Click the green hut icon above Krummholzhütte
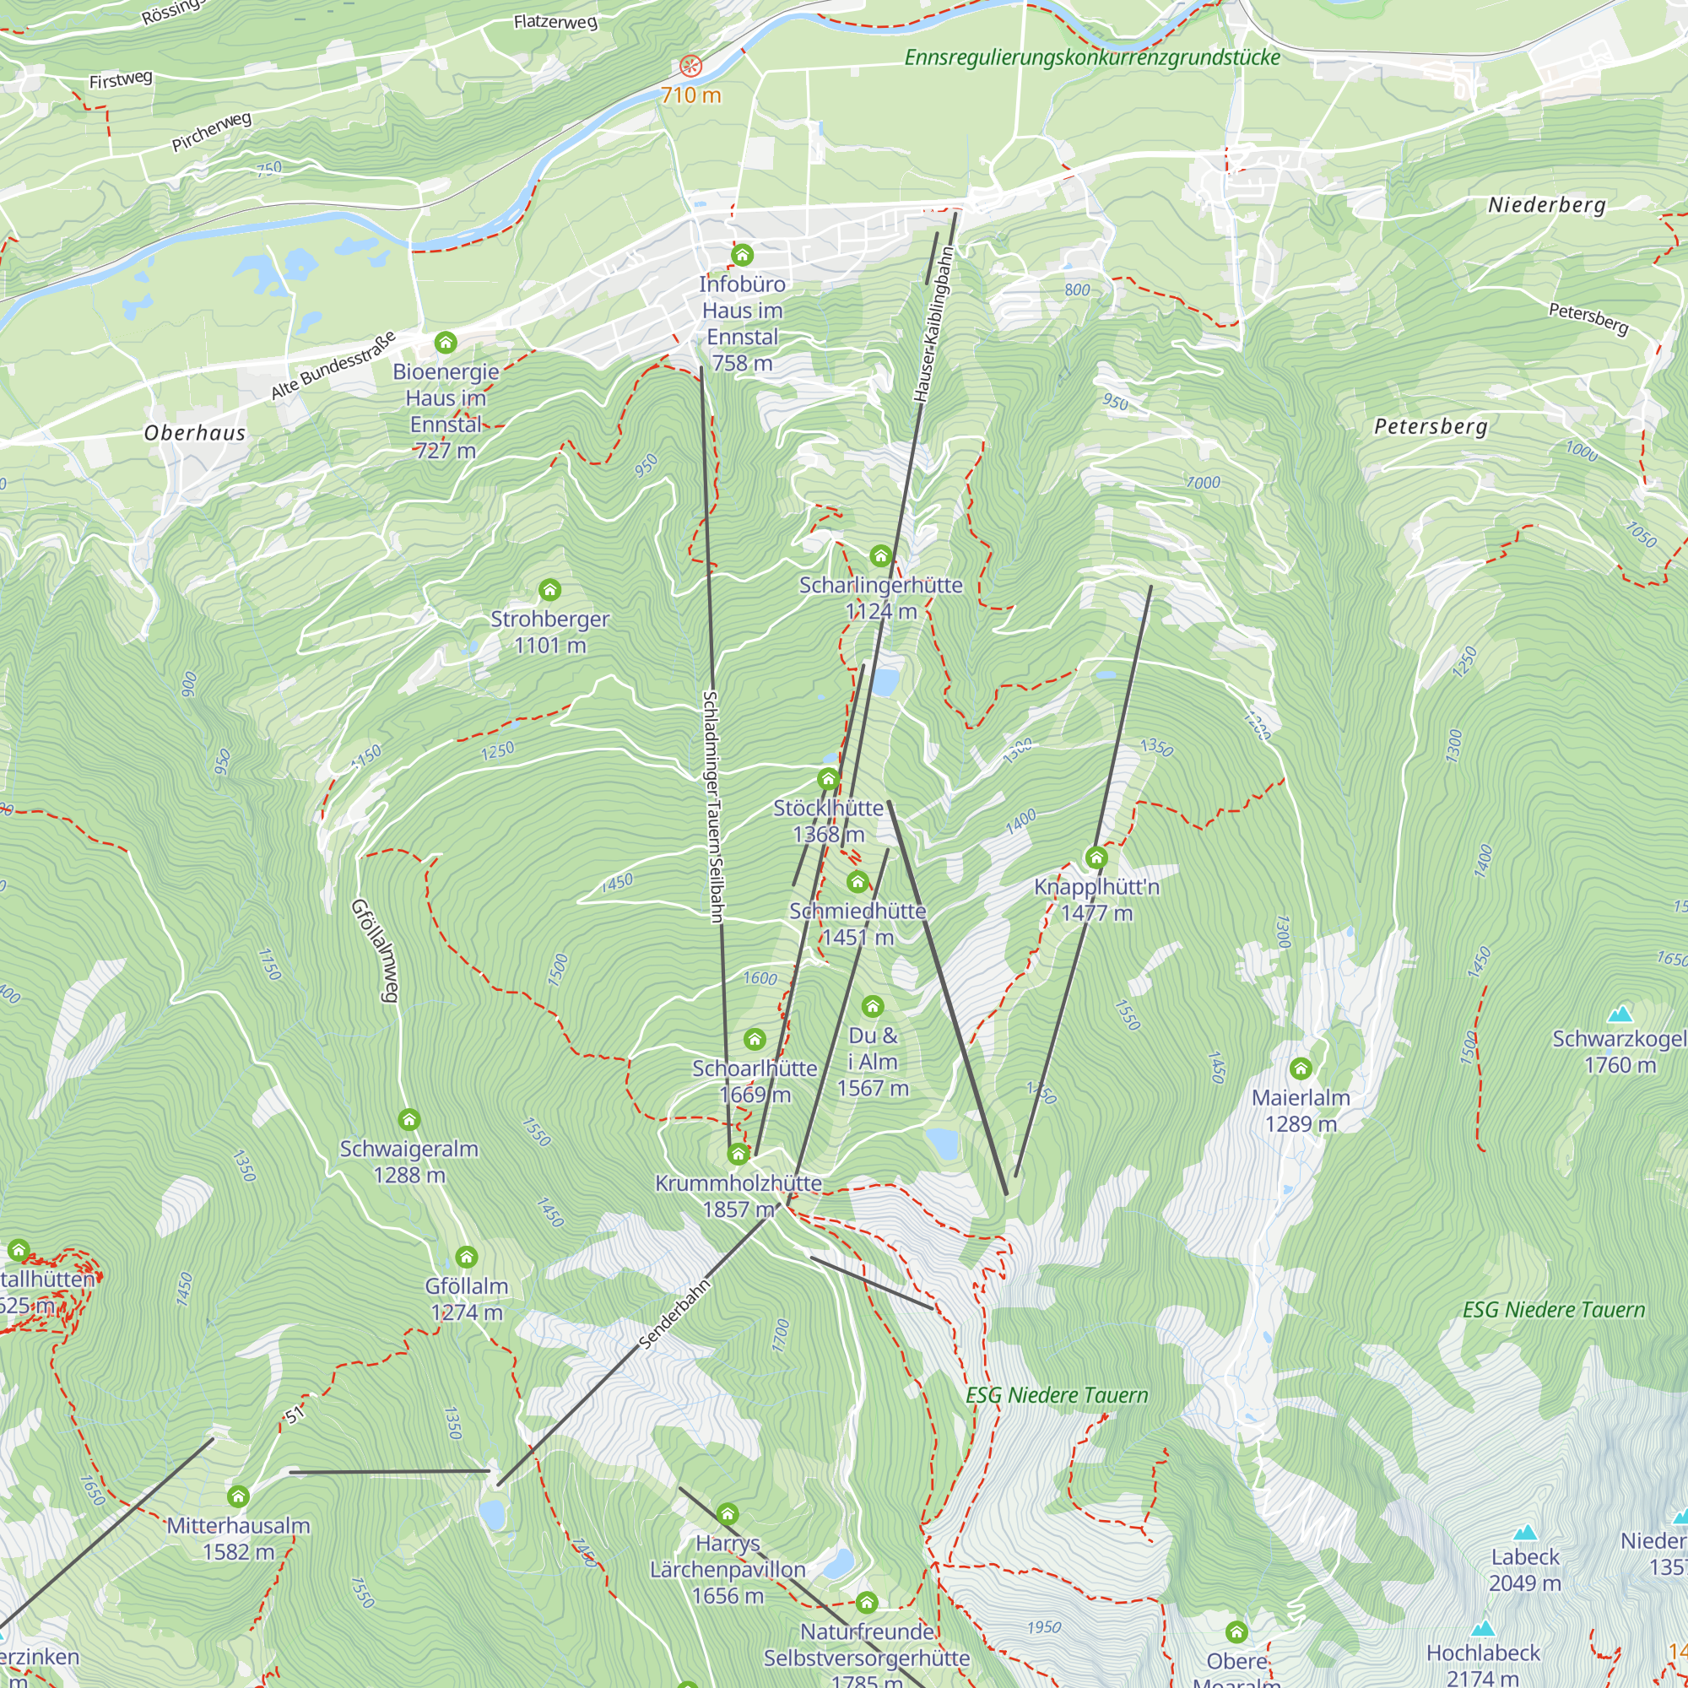pyautogui.click(x=738, y=1154)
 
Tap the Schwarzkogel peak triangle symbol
pyautogui.click(x=1620, y=1014)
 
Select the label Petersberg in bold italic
pyautogui.click(x=1431, y=426)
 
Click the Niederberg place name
pyautogui.click(x=1546, y=205)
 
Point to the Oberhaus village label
pyautogui.click(x=195, y=432)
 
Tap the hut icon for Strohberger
pyautogui.click(x=549, y=591)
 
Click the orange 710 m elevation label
pyautogui.click(x=690, y=95)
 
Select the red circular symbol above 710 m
pyautogui.click(x=690, y=66)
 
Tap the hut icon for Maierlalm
pyautogui.click(x=1300, y=1069)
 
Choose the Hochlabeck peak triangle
pyautogui.click(x=1483, y=1629)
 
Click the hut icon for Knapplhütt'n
pyautogui.click(x=1096, y=858)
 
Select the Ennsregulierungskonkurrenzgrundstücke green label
pyautogui.click(x=1091, y=57)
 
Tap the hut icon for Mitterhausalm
pyautogui.click(x=238, y=1496)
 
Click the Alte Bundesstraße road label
pyautogui.click(x=333, y=365)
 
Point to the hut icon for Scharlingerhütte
pyautogui.click(x=880, y=555)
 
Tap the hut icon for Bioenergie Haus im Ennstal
pyautogui.click(x=446, y=342)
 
